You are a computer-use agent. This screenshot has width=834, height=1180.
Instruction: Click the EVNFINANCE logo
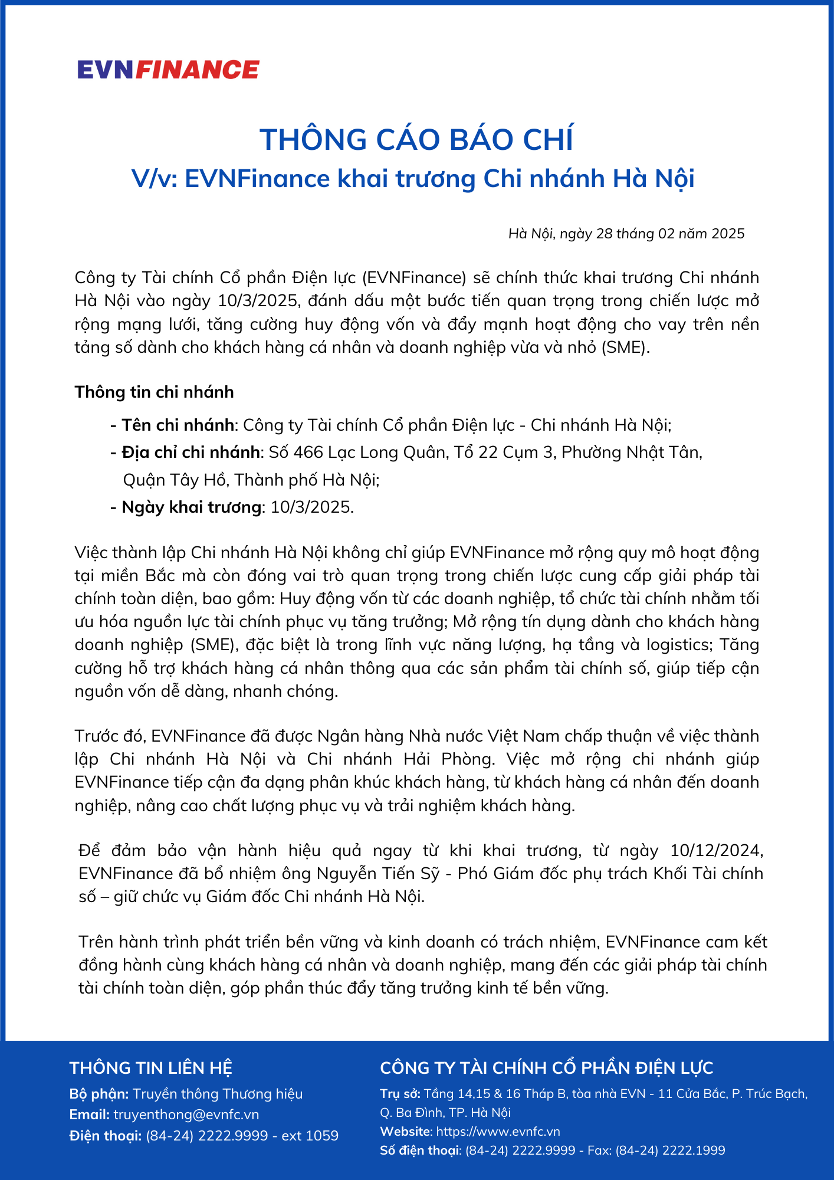pyautogui.click(x=168, y=70)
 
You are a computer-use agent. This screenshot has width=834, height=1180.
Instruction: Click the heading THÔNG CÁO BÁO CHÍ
pyautogui.click(x=416, y=140)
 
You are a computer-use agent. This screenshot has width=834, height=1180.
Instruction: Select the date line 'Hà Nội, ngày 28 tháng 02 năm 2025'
pyautogui.click(x=626, y=234)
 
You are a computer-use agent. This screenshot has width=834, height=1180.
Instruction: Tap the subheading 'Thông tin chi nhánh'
pyautogui.click(x=154, y=392)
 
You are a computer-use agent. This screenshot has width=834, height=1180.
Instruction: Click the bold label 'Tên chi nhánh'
pyautogui.click(x=178, y=425)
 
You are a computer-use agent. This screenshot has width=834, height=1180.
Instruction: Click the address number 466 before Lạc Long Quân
pyautogui.click(x=308, y=453)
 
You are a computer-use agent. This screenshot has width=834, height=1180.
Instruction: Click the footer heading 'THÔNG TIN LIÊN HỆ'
pyautogui.click(x=150, y=1068)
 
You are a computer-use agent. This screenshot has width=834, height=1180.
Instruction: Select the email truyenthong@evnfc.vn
pyautogui.click(x=186, y=1115)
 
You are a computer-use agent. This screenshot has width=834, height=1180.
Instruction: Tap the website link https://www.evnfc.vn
pyautogui.click(x=498, y=1132)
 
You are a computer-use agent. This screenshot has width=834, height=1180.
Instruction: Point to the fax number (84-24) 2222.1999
pyautogui.click(x=671, y=1150)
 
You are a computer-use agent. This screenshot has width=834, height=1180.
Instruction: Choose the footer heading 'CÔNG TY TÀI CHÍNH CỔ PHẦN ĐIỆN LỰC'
pyautogui.click(x=546, y=1068)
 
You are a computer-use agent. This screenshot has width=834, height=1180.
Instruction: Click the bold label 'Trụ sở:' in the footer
pyautogui.click(x=400, y=1094)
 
